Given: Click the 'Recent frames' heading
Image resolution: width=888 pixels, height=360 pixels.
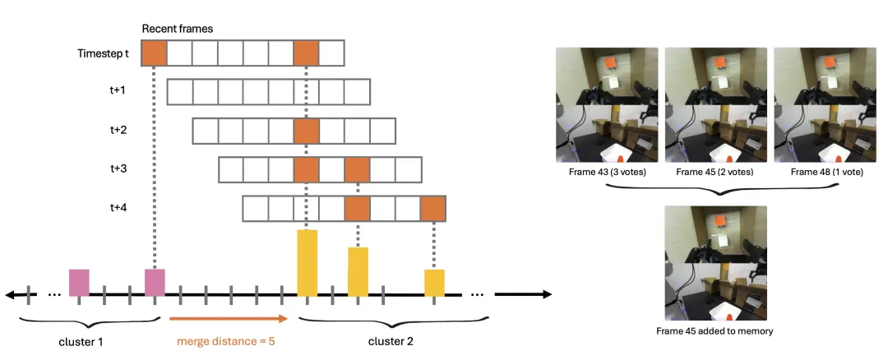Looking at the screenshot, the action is click(178, 29).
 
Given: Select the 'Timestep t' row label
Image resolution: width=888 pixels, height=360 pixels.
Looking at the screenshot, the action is click(103, 53).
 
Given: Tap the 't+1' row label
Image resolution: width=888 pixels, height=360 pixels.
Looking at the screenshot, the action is click(118, 90).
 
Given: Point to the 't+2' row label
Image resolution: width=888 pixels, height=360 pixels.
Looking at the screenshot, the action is click(118, 130).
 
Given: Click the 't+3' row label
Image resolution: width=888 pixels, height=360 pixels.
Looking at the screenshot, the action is click(118, 168).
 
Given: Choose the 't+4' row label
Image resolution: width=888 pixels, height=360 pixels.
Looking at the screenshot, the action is click(118, 208).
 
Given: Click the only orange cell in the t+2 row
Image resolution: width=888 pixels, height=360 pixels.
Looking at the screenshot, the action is click(307, 131).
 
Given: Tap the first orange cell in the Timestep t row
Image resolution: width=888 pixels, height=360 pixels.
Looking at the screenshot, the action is click(154, 53).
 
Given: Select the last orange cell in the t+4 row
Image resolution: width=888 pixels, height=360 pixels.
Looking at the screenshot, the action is click(433, 208).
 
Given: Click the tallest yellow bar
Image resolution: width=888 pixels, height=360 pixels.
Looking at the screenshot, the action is click(307, 263).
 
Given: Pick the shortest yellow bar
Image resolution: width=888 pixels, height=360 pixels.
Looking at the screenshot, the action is click(434, 283).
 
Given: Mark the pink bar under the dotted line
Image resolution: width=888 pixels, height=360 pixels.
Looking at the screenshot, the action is click(155, 283).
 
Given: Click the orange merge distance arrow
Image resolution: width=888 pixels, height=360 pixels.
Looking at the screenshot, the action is click(229, 319).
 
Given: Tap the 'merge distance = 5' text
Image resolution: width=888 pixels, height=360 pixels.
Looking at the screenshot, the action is click(226, 341).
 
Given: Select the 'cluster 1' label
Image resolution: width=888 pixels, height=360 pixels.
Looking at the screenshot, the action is click(81, 342).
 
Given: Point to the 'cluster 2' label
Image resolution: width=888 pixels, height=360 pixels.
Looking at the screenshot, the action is click(391, 341).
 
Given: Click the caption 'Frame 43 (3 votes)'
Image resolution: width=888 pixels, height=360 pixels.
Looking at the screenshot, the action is click(607, 172).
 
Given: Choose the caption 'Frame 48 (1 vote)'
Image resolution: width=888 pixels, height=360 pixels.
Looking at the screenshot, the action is click(827, 172).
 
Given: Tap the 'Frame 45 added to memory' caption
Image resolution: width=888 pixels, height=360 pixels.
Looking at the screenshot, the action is click(715, 330).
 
